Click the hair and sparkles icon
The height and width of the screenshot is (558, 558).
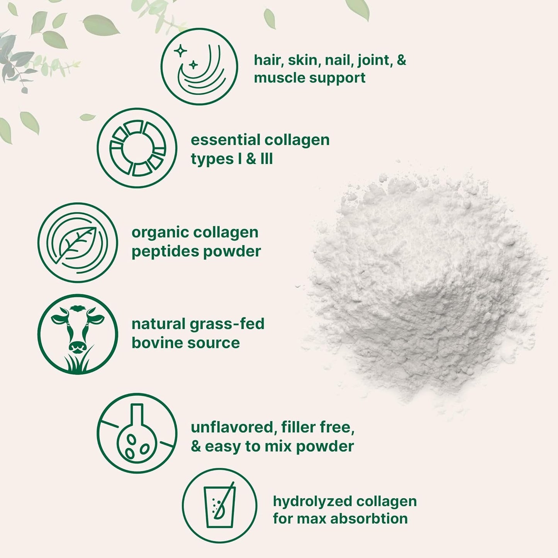coord(199,66)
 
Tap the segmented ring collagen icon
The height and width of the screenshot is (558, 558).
coord(137,148)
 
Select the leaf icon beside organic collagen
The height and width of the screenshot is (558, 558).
coord(78,243)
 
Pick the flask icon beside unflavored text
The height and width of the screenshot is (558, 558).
coord(137,433)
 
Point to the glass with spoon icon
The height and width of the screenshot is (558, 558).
coord(219,505)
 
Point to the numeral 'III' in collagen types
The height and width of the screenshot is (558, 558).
coord(266,159)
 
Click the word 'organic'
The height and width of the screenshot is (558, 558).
coord(159,232)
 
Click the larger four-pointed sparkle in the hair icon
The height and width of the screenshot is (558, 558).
coord(180,51)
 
